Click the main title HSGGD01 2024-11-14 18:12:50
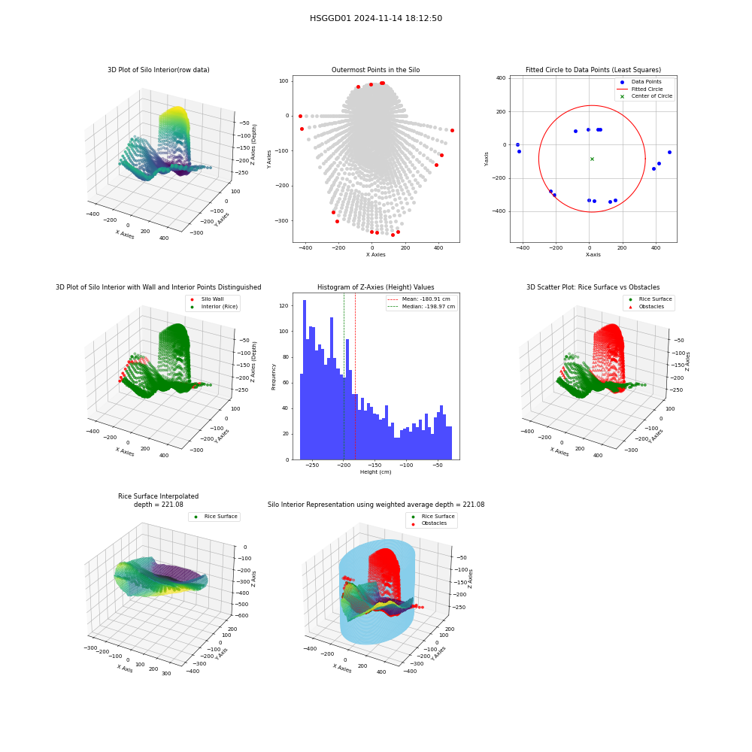click(x=375, y=18)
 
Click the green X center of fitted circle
click(x=592, y=159)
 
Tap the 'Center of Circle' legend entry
click(x=645, y=96)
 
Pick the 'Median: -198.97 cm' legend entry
click(x=422, y=307)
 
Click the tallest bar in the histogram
click(x=305, y=380)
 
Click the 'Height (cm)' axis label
click(x=375, y=472)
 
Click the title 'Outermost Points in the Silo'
click(x=375, y=70)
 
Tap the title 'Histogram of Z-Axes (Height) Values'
click(x=375, y=287)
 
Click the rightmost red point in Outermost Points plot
click(x=452, y=130)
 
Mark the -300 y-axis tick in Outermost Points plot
click(x=282, y=221)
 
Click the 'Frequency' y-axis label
click(x=274, y=377)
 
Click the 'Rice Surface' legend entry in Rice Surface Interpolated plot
click(x=215, y=517)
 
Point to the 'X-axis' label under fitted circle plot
click(x=593, y=255)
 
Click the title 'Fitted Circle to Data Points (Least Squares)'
click(x=593, y=70)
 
